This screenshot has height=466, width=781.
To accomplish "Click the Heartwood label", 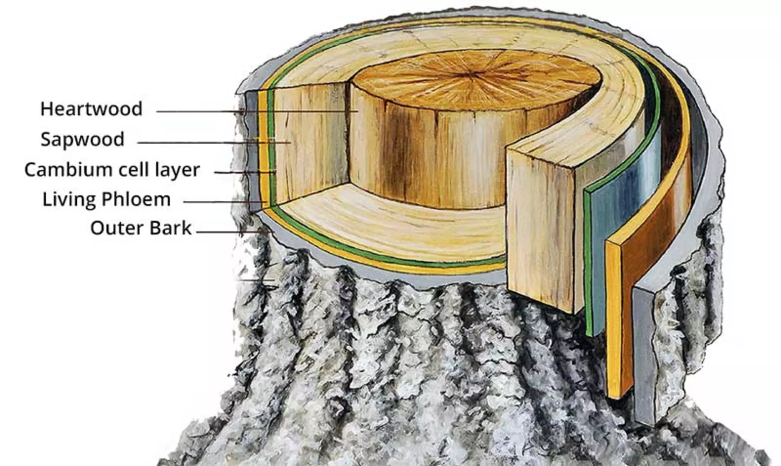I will tap(91, 109).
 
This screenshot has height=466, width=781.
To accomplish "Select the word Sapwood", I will tap(82, 140).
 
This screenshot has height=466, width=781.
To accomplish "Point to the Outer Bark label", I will tap(140, 228).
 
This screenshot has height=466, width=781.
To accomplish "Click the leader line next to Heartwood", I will tap(256, 111).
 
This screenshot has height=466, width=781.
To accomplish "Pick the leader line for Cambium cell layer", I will tap(244, 172).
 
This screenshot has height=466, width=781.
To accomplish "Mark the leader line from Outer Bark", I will tap(232, 231).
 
